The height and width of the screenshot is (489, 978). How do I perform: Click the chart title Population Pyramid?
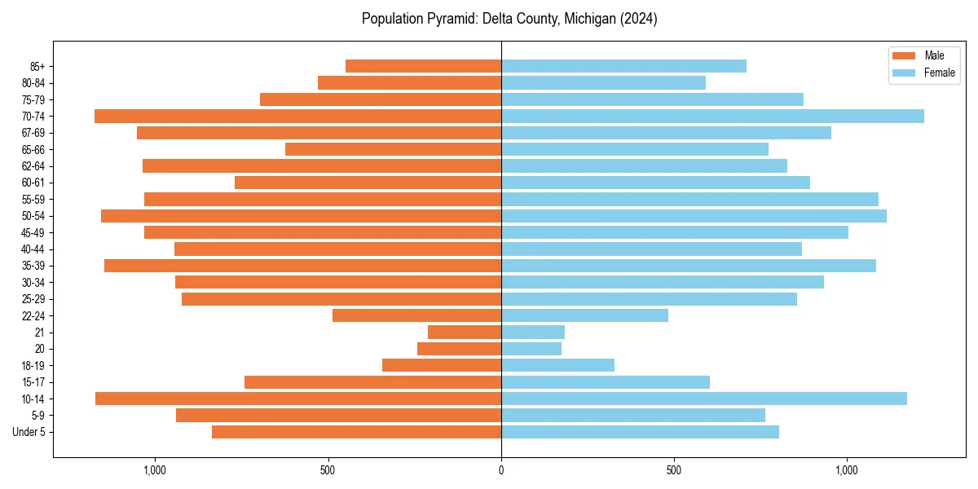click(x=509, y=19)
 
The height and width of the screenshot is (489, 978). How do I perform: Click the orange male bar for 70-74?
click(x=297, y=117)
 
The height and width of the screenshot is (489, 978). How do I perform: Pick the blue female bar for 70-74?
click(x=712, y=117)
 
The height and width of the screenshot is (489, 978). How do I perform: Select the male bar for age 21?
click(x=465, y=333)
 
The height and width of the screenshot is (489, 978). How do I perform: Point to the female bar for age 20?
click(x=531, y=349)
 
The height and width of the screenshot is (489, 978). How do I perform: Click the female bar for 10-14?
click(x=704, y=399)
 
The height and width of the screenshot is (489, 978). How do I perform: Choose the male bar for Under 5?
click(x=356, y=432)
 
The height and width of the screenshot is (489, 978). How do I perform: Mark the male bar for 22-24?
click(x=416, y=315)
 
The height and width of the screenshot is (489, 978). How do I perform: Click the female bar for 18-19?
click(x=557, y=365)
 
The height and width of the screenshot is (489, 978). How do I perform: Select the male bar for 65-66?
click(x=393, y=149)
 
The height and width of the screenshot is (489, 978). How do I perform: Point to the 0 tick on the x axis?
click(x=501, y=470)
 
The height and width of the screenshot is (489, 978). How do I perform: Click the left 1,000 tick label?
click(x=154, y=470)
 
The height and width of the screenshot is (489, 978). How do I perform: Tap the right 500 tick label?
click(x=673, y=470)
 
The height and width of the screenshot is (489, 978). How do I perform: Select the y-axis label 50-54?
click(x=33, y=216)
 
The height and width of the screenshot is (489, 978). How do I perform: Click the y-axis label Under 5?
click(x=29, y=432)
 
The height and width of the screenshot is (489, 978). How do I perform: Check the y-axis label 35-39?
click(x=33, y=266)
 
